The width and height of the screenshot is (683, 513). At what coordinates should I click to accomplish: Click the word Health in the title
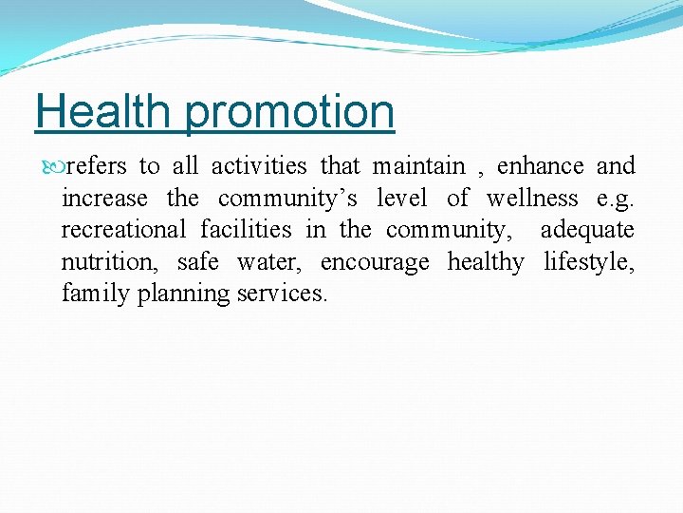pyautogui.click(x=104, y=111)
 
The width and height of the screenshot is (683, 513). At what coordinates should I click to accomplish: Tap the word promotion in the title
pyautogui.click(x=290, y=113)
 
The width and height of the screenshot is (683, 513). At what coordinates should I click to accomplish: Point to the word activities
pyautogui.click(x=259, y=166)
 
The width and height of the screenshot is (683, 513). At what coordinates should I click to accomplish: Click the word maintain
pyautogui.click(x=418, y=166)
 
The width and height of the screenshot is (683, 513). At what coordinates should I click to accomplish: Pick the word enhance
pyautogui.click(x=540, y=166)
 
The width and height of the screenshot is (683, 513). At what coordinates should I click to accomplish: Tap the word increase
pyautogui.click(x=104, y=199)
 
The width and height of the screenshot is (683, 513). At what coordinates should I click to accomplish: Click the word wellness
pyautogui.click(x=531, y=199)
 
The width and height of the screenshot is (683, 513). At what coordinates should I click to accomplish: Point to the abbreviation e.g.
pyautogui.click(x=616, y=199)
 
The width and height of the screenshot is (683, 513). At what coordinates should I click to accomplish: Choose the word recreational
pyautogui.click(x=123, y=230)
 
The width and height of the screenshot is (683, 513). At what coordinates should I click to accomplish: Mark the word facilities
pyautogui.click(x=246, y=230)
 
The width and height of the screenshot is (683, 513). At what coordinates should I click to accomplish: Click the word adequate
pyautogui.click(x=587, y=230)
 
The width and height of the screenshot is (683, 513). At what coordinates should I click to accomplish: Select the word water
pyautogui.click(x=268, y=262)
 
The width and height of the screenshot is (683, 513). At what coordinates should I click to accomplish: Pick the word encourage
pyautogui.click(x=375, y=262)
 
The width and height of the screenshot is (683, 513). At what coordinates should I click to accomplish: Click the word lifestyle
pyautogui.click(x=589, y=262)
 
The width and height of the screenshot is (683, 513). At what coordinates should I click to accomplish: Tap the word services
pyautogui.click(x=282, y=294)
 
